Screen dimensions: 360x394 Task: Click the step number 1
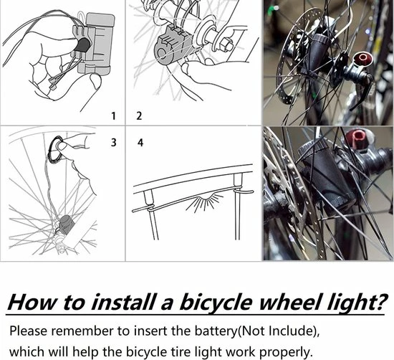[x=113, y=115]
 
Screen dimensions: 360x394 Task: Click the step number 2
[x=139, y=115]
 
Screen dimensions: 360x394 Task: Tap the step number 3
[x=113, y=143]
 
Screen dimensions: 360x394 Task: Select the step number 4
[x=140, y=143]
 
